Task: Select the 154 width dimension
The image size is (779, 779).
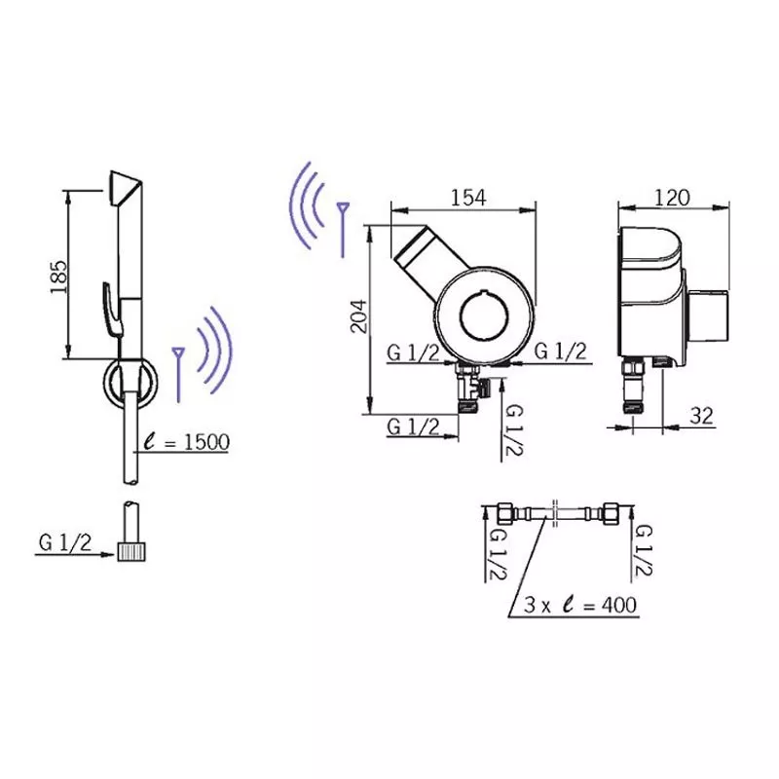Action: point(468,198)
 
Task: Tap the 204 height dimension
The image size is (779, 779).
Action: point(358,316)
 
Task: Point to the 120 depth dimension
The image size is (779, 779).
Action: point(672,198)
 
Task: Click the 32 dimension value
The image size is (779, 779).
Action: point(701,416)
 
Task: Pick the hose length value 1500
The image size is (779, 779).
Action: point(206,442)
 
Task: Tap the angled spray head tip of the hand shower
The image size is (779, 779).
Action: point(126,188)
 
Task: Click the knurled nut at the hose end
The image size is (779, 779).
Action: point(131,551)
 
